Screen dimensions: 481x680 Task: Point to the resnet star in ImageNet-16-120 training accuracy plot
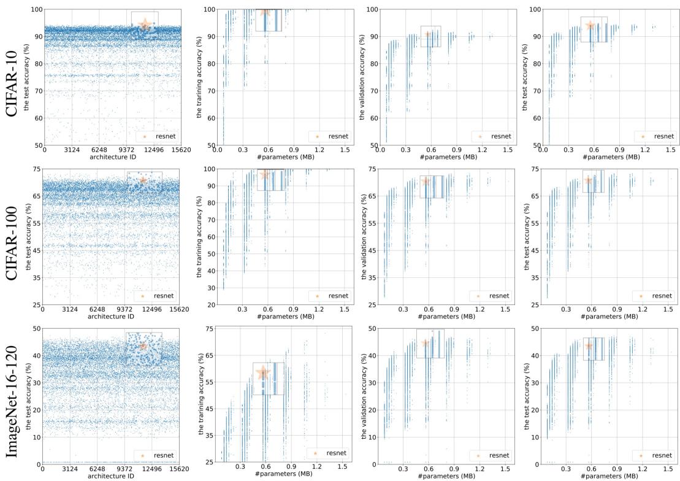click(x=263, y=372)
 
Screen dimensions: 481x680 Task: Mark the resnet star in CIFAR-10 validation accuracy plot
click(x=427, y=34)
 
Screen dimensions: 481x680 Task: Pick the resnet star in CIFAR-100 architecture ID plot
click(x=143, y=180)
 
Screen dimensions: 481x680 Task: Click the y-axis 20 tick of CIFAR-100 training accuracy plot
click(x=211, y=305)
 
